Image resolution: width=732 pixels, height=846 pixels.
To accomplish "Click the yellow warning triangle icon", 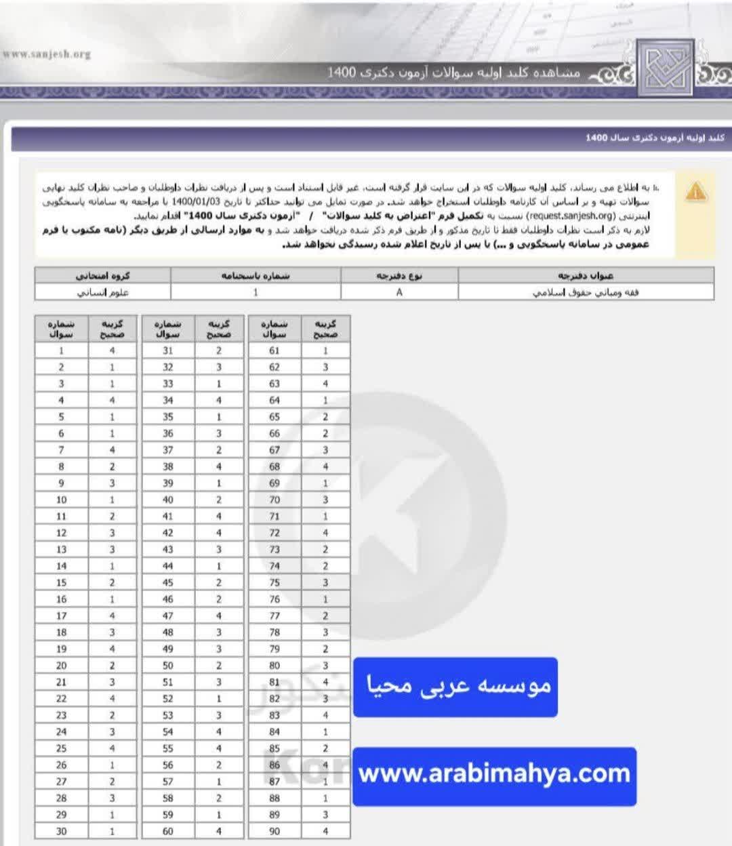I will click(x=695, y=191).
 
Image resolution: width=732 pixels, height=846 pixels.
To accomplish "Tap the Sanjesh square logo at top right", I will click(x=666, y=67).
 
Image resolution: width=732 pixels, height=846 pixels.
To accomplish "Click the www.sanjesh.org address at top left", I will click(x=47, y=54).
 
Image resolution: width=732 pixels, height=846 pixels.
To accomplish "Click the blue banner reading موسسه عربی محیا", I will click(x=455, y=687).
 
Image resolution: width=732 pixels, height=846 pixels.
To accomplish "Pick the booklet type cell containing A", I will click(x=399, y=292).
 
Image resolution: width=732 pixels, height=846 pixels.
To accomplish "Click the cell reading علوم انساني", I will click(x=103, y=292).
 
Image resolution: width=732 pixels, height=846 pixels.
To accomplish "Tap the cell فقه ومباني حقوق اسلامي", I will click(x=586, y=292).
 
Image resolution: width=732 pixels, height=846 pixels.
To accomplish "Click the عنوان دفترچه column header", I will click(x=586, y=275).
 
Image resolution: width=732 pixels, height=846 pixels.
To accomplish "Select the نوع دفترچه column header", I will click(x=399, y=275).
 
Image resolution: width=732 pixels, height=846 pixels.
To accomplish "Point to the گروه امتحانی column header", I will click(x=103, y=275).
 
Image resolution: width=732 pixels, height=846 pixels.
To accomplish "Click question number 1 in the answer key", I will click(x=62, y=350).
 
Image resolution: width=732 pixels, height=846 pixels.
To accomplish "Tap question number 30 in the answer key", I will click(x=62, y=831).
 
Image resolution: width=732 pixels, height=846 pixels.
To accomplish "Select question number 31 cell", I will click(x=168, y=350).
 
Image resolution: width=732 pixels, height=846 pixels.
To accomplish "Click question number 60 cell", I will click(x=168, y=831).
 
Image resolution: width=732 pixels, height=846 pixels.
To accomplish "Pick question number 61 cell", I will click(x=274, y=350).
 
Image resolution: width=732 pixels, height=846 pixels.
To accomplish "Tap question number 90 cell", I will click(x=274, y=831).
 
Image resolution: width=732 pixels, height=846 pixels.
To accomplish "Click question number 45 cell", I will click(x=168, y=582).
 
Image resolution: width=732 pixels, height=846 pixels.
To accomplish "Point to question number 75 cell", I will click(x=274, y=582).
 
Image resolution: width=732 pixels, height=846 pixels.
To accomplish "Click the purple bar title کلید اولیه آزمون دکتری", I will click(x=655, y=138).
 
